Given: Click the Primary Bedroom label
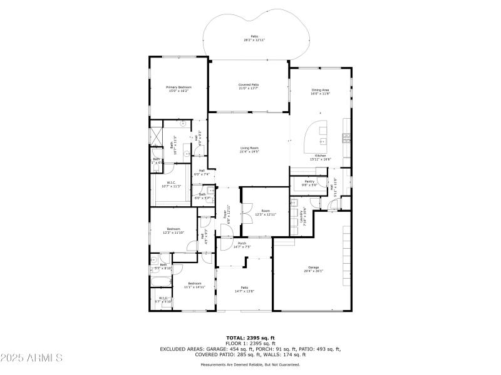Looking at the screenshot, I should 178,89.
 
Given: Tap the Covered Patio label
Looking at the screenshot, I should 249,86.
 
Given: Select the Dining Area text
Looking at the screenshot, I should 321,92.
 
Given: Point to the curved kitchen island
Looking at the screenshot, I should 316,139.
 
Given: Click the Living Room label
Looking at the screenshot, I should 249,149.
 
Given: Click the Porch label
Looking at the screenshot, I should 242,245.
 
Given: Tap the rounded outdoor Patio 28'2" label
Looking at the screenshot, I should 255,38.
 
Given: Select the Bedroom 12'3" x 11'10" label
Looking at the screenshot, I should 173,231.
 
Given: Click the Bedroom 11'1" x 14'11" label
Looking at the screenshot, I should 195,285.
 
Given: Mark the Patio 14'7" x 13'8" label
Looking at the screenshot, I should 244,289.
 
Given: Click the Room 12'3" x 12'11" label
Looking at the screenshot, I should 266,213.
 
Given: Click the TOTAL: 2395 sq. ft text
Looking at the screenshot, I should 250,337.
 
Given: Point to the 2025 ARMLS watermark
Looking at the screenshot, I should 31,358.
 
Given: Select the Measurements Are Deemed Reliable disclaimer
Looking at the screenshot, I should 250,364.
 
